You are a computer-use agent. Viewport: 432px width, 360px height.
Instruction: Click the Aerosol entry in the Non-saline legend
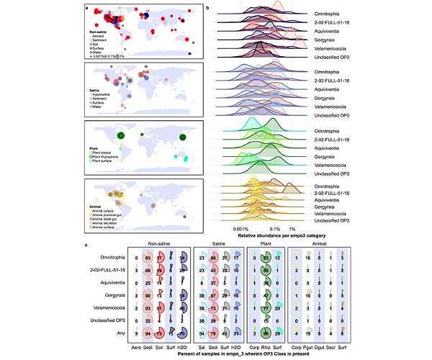click(x=101, y=35)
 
